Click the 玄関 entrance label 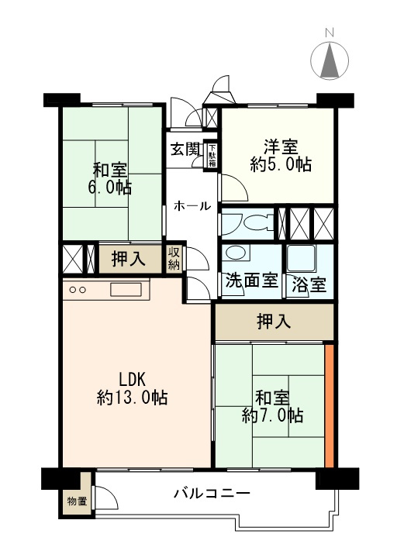click(x=185, y=150)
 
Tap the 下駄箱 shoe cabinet click(x=212, y=156)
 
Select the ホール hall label click(x=192, y=205)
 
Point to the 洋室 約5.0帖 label click(x=281, y=156)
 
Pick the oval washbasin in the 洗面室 click(x=236, y=253)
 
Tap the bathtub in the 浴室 click(x=301, y=258)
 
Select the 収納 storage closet click(x=174, y=258)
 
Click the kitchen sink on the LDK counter click(x=126, y=289)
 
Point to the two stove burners click(x=78, y=290)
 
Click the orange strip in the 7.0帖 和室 click(x=330, y=405)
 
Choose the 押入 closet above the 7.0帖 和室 click(x=274, y=322)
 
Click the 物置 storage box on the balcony click(x=77, y=501)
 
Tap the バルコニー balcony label click(x=212, y=493)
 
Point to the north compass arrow click(x=330, y=60)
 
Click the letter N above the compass click(x=330, y=33)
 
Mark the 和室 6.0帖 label click(x=110, y=179)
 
